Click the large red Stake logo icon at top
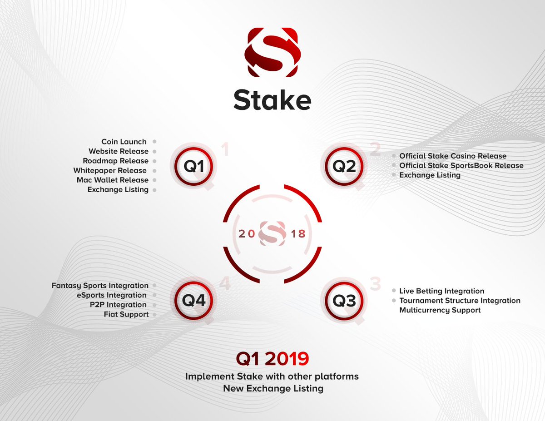coord(272,53)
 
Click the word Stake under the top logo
coord(272,99)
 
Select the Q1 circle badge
coord(193,167)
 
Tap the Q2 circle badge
coord(344,167)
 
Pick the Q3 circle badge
coord(344,301)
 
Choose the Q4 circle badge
coord(193,301)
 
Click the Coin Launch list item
coord(124,142)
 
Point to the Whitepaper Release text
coord(110,170)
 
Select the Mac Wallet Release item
coord(113,180)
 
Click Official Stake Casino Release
coord(453,156)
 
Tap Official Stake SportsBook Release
coord(461,166)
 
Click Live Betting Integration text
coord(442,291)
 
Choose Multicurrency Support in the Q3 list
coord(440,310)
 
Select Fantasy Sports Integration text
coord(100,286)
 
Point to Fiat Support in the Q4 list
coord(126,314)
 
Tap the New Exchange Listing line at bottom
coord(273,388)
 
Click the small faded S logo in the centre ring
coord(272,233)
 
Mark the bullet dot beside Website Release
coord(154,151)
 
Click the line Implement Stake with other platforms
coord(272,376)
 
